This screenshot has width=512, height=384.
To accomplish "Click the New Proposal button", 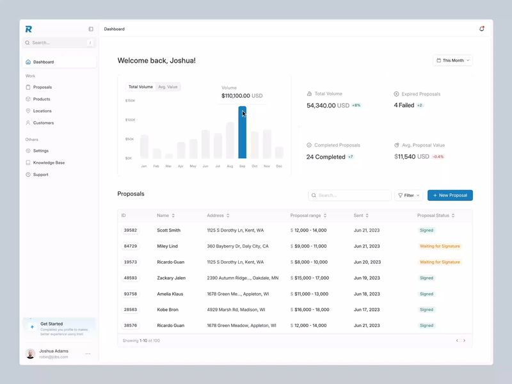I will (x=450, y=195).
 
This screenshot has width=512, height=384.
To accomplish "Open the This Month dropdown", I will (x=452, y=60).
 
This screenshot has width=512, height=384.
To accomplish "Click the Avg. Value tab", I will (x=168, y=86).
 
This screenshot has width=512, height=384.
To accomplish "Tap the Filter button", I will (x=408, y=195).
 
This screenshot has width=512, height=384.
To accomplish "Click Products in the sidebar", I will (x=42, y=99).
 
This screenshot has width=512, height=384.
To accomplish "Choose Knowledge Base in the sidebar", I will (x=49, y=163).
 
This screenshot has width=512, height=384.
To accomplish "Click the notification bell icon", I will (x=481, y=29).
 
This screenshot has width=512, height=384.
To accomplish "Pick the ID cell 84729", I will (x=131, y=246).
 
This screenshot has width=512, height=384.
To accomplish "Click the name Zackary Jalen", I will (x=171, y=278).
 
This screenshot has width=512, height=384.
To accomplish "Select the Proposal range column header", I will (x=305, y=216).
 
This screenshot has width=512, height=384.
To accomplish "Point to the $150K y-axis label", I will (x=130, y=100).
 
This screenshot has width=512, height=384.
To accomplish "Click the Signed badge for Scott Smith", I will (x=426, y=230).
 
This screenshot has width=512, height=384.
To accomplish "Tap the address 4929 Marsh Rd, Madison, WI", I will (x=235, y=310).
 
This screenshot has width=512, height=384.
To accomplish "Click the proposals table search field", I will (x=349, y=195).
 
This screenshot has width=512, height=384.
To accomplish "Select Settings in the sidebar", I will (x=40, y=151).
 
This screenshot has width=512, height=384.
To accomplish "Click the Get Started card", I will (x=59, y=327).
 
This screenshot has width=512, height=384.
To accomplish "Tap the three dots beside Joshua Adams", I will (x=88, y=354).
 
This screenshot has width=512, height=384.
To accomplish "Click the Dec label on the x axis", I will (x=279, y=166).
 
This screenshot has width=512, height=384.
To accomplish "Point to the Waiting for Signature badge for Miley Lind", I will (x=440, y=246).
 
